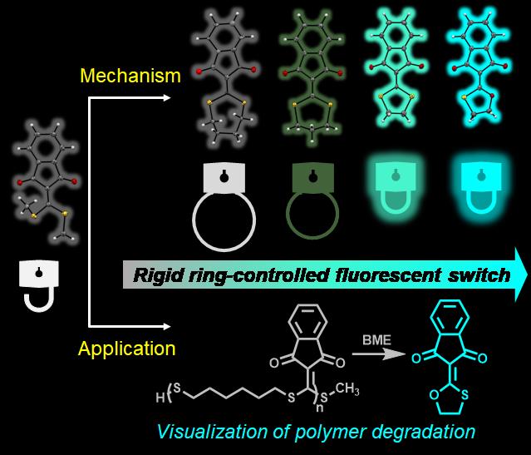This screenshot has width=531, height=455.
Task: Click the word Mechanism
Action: (130, 77)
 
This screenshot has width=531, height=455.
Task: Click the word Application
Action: (128, 349)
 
